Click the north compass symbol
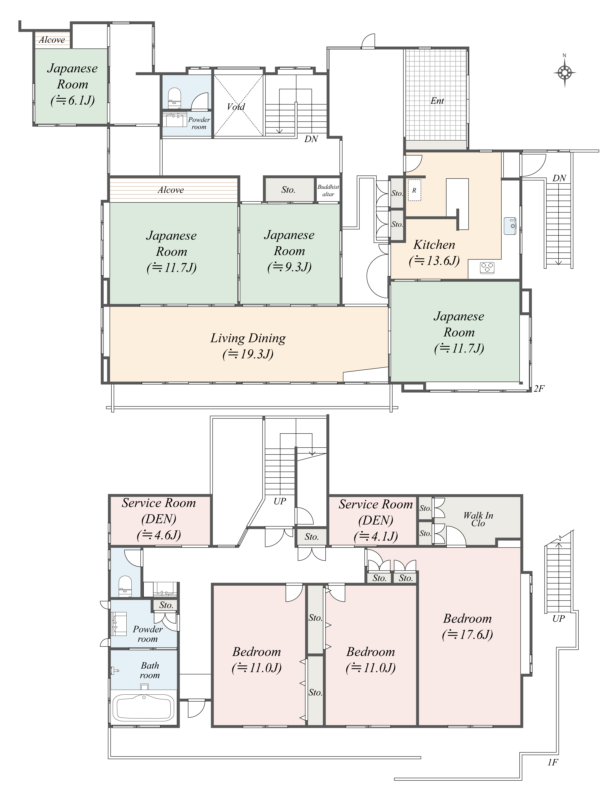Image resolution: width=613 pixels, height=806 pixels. click(565, 73)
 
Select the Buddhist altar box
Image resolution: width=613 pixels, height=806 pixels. click(328, 190)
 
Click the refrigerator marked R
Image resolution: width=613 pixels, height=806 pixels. click(414, 190)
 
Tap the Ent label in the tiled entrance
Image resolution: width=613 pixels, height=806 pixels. click(437, 101)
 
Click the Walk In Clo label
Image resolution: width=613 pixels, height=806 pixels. click(478, 519)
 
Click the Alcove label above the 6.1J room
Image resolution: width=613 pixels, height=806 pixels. click(52, 40)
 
